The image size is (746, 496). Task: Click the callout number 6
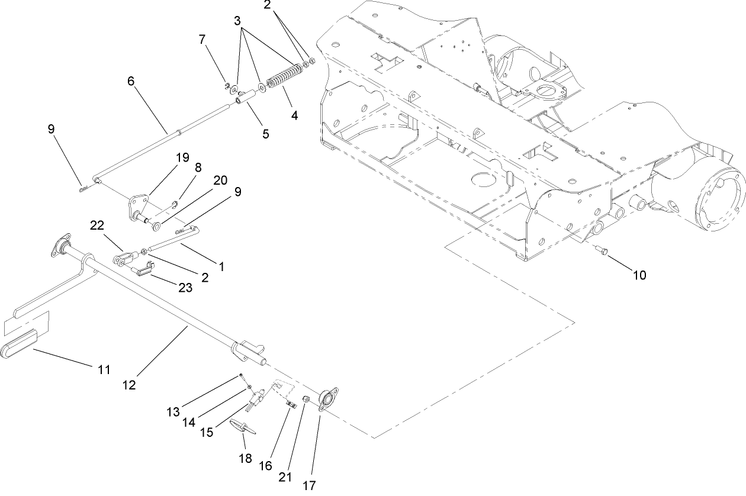point(131,81)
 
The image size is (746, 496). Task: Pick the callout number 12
point(129,385)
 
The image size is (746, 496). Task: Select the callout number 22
point(97,225)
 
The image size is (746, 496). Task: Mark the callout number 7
point(202,39)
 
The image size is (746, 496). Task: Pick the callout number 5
point(265,134)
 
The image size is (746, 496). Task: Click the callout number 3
point(237,21)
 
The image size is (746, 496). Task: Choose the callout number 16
point(266,466)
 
